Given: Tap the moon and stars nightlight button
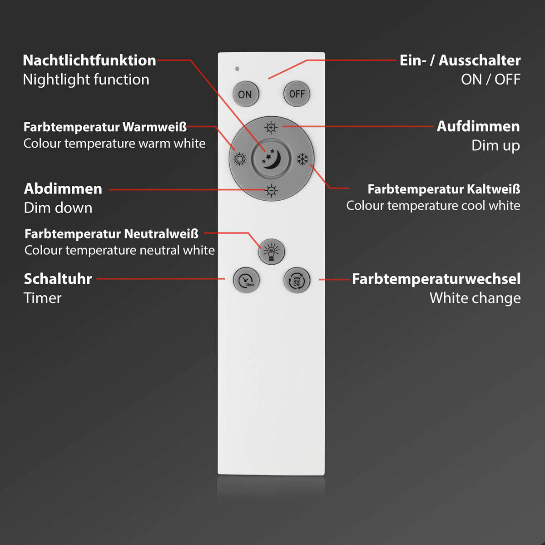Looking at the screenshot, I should click(271, 159).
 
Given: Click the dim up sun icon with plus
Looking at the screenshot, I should click(271, 128).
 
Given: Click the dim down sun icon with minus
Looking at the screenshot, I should click(271, 191).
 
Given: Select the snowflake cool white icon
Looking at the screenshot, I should click(302, 159).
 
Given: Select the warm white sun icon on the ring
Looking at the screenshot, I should click(239, 159).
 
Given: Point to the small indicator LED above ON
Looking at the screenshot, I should click(237, 69).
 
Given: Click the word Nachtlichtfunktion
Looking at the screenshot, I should click(89, 60).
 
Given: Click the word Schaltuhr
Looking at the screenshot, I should click(58, 279).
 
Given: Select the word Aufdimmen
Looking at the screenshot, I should click(478, 126).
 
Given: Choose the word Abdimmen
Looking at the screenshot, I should click(63, 188).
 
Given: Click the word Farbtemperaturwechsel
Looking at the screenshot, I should click(436, 279).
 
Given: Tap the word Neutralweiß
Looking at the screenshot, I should click(161, 234).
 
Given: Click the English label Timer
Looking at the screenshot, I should click(42, 298).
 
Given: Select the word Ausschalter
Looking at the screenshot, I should click(480, 60).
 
